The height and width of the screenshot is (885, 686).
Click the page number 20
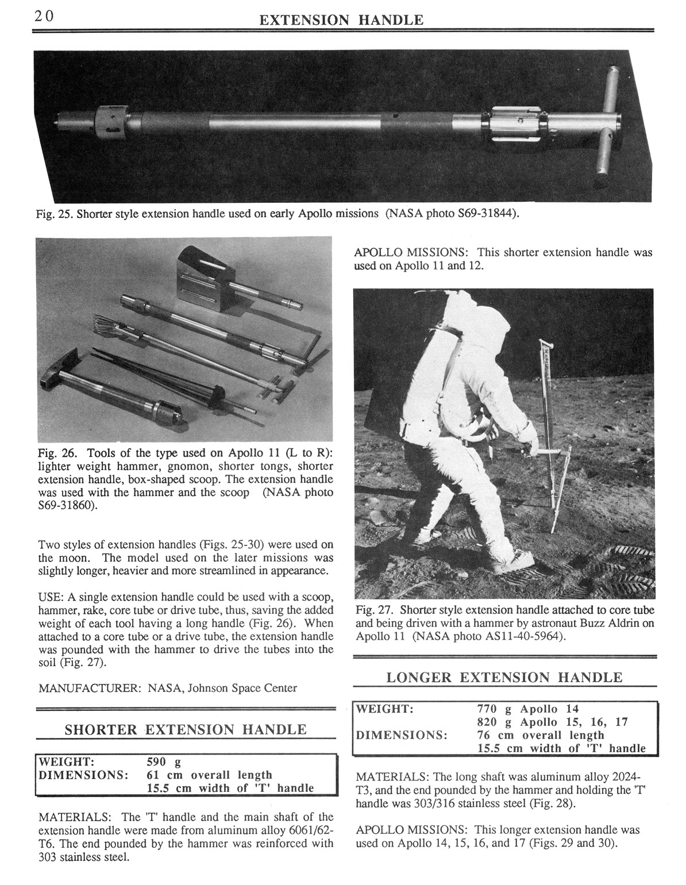[43, 16]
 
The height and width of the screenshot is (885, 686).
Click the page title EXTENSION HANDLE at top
[341, 21]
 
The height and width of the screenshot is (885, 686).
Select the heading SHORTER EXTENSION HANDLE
[185, 730]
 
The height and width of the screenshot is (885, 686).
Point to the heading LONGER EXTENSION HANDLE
[504, 677]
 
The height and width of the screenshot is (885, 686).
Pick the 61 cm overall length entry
[210, 775]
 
